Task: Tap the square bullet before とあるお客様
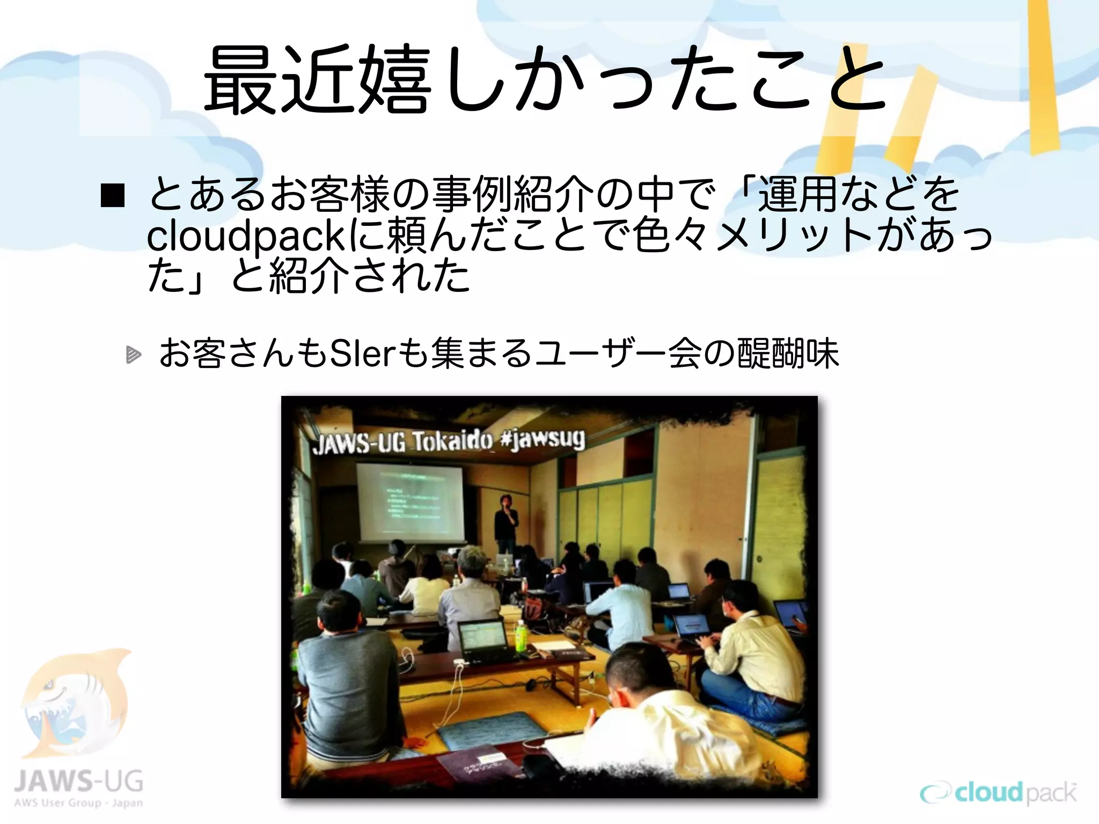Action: tap(113, 195)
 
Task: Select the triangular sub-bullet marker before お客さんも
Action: tap(133, 355)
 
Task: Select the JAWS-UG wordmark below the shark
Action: tap(78, 781)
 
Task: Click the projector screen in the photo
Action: tap(411, 502)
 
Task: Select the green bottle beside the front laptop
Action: tap(521, 636)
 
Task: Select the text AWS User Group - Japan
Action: tap(78, 803)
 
